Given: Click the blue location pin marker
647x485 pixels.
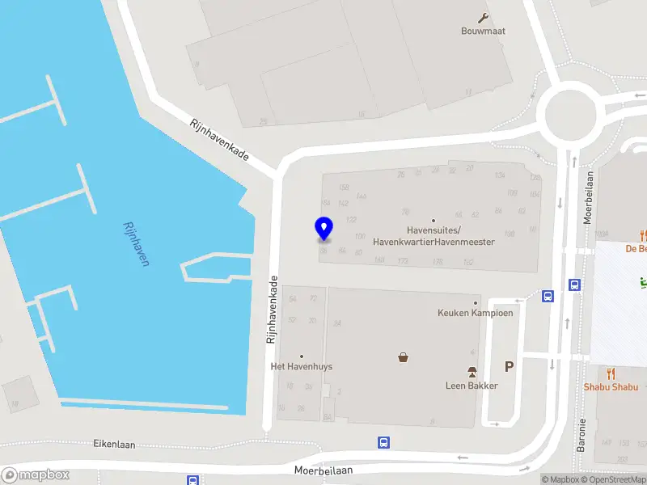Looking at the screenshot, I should pyautogui.click(x=323, y=228).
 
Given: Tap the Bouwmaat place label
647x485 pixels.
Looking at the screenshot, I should pyautogui.click(x=484, y=32).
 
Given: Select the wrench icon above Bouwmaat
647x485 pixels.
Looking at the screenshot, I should pyautogui.click(x=484, y=18).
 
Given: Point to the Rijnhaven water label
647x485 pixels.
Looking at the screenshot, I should pyautogui.click(x=138, y=244).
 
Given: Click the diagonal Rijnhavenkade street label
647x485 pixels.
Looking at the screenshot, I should pyautogui.click(x=218, y=140).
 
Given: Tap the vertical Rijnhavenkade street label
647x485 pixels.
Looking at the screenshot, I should pyautogui.click(x=273, y=310).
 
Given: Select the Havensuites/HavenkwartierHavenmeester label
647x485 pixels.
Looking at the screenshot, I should pyautogui.click(x=433, y=236).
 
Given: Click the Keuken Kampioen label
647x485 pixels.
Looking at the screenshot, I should pyautogui.click(x=476, y=313).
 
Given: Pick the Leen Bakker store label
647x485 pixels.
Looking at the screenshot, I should pyautogui.click(x=472, y=386).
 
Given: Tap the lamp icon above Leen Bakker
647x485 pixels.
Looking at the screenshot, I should pyautogui.click(x=472, y=372).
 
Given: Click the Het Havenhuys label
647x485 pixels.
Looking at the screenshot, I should pyautogui.click(x=301, y=366).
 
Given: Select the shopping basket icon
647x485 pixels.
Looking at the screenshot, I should pyautogui.click(x=403, y=357).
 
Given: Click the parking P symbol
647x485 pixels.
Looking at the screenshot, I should pyautogui.click(x=509, y=367).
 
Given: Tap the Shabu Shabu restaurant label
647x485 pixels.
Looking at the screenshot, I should pyautogui.click(x=611, y=386).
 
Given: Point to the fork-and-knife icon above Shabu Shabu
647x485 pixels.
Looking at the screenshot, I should pyautogui.click(x=611, y=373).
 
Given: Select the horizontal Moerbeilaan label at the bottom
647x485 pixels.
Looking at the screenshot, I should pyautogui.click(x=323, y=469).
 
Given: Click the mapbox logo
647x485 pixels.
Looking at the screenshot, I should pyautogui.click(x=36, y=475).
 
